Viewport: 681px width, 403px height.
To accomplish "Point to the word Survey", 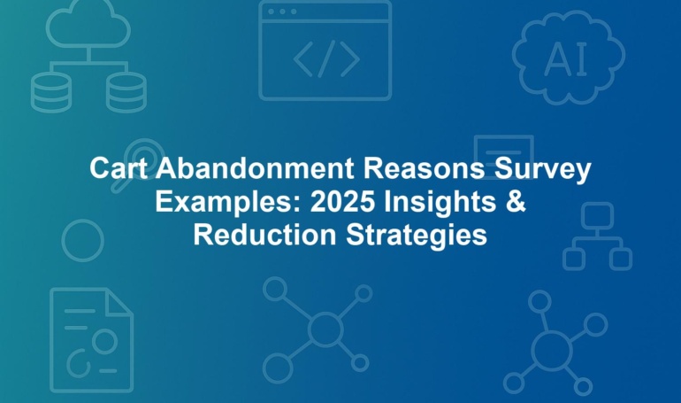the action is pyautogui.click(x=543, y=169).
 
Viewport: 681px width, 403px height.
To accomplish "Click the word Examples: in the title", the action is pyautogui.click(x=228, y=202).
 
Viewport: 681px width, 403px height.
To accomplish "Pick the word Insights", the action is pyautogui.click(x=440, y=203).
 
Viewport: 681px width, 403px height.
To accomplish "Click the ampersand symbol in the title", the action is pyautogui.click(x=516, y=202).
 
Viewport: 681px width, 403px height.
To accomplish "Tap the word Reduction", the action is pyautogui.click(x=265, y=236).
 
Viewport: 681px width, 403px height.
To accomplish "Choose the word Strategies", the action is pyautogui.click(x=417, y=236).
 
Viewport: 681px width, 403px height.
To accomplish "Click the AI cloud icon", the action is pyautogui.click(x=569, y=58).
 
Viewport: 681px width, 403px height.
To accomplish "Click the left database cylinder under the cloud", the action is pyautogui.click(x=50, y=93).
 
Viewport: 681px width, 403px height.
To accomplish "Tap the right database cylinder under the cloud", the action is pyautogui.click(x=126, y=93).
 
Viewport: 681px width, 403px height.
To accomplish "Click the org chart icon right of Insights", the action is pyautogui.click(x=597, y=236).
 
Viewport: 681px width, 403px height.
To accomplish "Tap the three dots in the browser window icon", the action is pyautogui.click(x=282, y=12).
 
